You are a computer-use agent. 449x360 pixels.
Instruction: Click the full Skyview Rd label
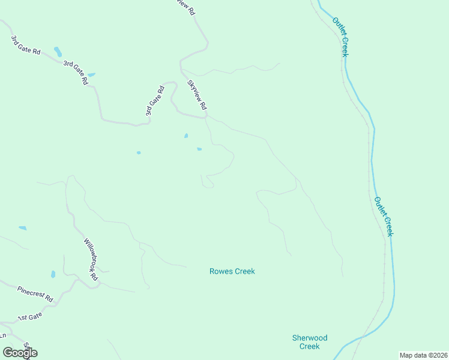[x=197, y=95]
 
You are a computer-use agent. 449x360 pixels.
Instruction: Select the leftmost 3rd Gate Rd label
[x=25, y=46]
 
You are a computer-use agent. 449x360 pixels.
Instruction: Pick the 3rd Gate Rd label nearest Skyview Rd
[x=155, y=101]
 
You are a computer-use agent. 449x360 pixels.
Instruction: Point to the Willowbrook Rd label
[x=91, y=260]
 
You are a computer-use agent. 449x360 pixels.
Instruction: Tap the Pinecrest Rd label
[x=35, y=293]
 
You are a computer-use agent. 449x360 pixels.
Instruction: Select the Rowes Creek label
[x=232, y=271]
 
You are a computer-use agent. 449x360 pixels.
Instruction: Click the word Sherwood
[x=310, y=338]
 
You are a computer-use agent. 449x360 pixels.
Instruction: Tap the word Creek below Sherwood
[x=310, y=346]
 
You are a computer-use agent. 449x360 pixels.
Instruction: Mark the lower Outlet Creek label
[x=383, y=216]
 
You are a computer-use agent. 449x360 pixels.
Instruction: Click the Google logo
[x=20, y=352]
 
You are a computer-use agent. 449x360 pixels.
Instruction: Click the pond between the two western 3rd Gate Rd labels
[x=58, y=51]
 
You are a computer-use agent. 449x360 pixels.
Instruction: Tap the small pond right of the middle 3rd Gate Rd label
[x=91, y=75]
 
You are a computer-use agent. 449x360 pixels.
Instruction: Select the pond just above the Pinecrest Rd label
[x=53, y=274]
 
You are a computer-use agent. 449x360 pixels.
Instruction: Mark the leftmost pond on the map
[x=22, y=228]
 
